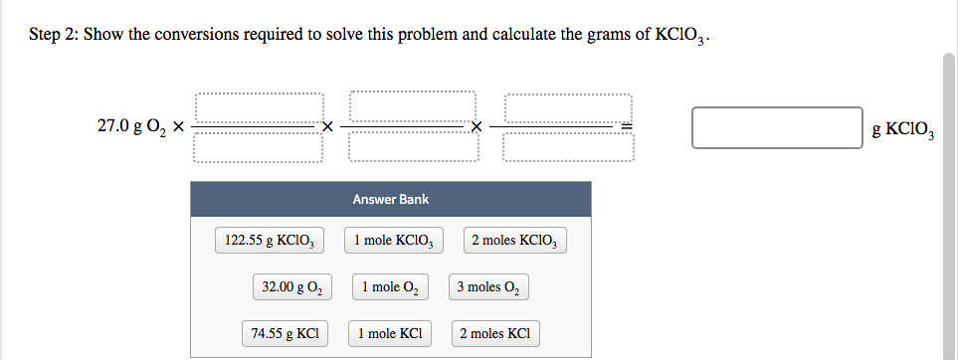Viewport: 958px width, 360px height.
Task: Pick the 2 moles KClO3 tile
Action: (515, 241)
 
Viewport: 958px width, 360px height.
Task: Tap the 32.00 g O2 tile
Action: (291, 287)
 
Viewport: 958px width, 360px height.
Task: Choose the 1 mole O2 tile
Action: (391, 287)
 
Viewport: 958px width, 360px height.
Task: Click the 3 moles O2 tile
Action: (487, 287)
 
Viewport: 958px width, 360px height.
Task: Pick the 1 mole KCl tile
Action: (391, 333)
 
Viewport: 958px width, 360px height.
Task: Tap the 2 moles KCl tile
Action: (495, 333)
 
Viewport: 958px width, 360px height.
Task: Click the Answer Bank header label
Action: (391, 200)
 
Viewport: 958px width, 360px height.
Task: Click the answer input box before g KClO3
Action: (777, 127)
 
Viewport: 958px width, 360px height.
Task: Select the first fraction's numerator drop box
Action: (259, 107)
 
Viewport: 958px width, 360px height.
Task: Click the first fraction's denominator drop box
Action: (259, 147)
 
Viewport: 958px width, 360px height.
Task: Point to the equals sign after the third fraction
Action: (627, 127)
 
